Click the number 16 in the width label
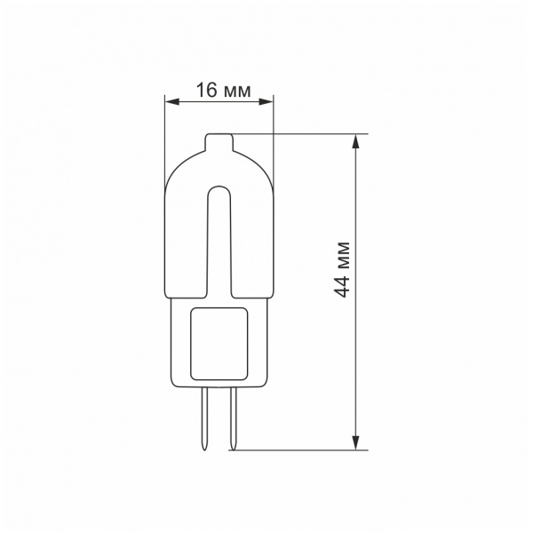[x=206, y=90]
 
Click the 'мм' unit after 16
[x=237, y=92]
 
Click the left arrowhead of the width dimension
[x=172, y=101]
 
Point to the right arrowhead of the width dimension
[x=266, y=101]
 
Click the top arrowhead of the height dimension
[x=355, y=141]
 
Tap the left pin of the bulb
[x=204, y=418]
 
